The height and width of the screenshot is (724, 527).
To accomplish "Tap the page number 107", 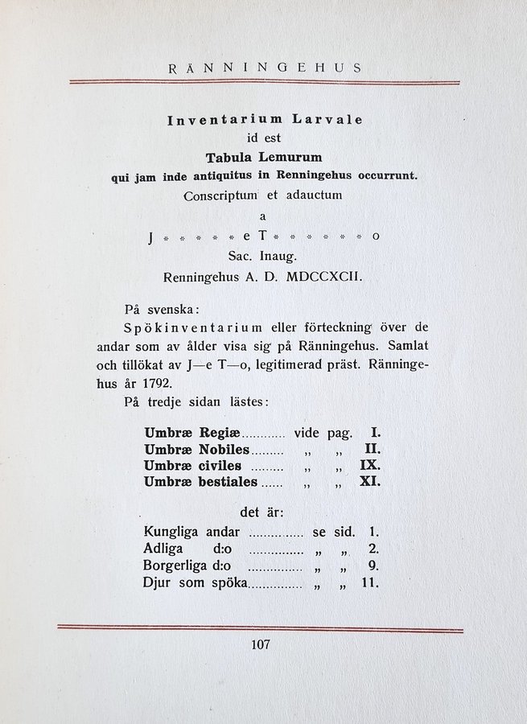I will pos(261,644).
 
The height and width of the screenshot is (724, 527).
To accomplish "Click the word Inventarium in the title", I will pos(217,120).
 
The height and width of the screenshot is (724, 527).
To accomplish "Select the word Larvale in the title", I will pos(327,120).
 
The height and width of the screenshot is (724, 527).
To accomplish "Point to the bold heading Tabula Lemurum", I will pos(264,158).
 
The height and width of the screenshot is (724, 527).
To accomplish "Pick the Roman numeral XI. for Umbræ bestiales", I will pos(368,481).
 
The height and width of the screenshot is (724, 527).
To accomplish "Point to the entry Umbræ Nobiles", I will pos(196,449).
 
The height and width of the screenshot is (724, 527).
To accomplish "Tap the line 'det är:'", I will pos(261,512).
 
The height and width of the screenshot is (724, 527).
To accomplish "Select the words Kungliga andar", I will pos(191,532).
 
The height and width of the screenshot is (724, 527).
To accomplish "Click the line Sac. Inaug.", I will pos(264,257).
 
